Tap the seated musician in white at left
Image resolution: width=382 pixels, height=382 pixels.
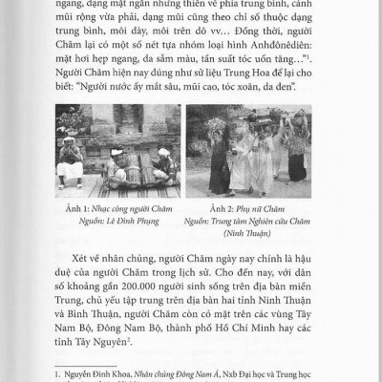click(68, 159)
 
